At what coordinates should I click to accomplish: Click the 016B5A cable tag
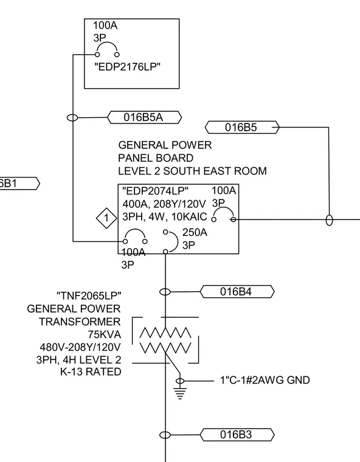[x=145, y=117]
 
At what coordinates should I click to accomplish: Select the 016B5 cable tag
[x=242, y=127]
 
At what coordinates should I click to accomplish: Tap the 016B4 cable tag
[x=237, y=292]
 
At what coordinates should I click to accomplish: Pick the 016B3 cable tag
[x=237, y=435]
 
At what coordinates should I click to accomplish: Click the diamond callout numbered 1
[x=106, y=218]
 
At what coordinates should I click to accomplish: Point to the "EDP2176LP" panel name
[x=127, y=67]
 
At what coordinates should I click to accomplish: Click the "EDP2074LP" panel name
[x=155, y=191]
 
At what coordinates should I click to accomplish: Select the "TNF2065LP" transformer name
[x=89, y=295]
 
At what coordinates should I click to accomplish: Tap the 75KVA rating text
[x=105, y=334]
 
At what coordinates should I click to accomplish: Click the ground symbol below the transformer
[x=180, y=389]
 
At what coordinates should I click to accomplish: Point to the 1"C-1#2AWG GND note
[x=265, y=380]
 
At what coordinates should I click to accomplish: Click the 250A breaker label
[x=195, y=232]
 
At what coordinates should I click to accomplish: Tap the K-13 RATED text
[x=91, y=372]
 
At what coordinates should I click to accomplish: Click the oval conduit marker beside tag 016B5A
[x=72, y=117]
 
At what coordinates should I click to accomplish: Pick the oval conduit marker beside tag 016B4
[x=165, y=292]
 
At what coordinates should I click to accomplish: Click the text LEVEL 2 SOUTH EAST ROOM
[x=192, y=171]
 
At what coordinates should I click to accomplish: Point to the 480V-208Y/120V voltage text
[x=80, y=347]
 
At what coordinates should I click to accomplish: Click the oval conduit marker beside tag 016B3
[x=165, y=435]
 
